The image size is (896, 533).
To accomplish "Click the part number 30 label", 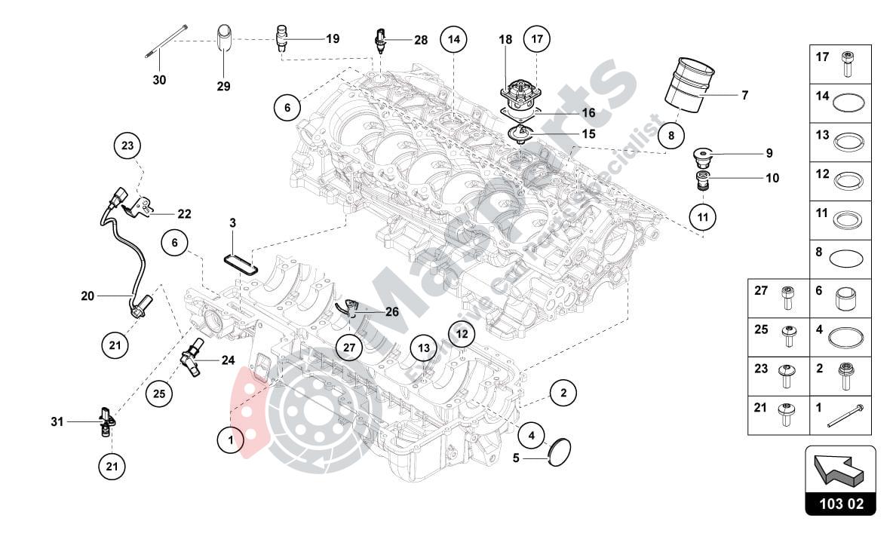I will (160, 79).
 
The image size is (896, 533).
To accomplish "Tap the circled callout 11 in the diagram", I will (702, 218).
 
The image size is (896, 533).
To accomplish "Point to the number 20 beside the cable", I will (87, 296).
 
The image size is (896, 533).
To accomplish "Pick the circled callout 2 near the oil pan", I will (563, 393).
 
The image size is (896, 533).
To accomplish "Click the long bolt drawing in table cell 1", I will (844, 416).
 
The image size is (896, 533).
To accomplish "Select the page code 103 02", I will (840, 503).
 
